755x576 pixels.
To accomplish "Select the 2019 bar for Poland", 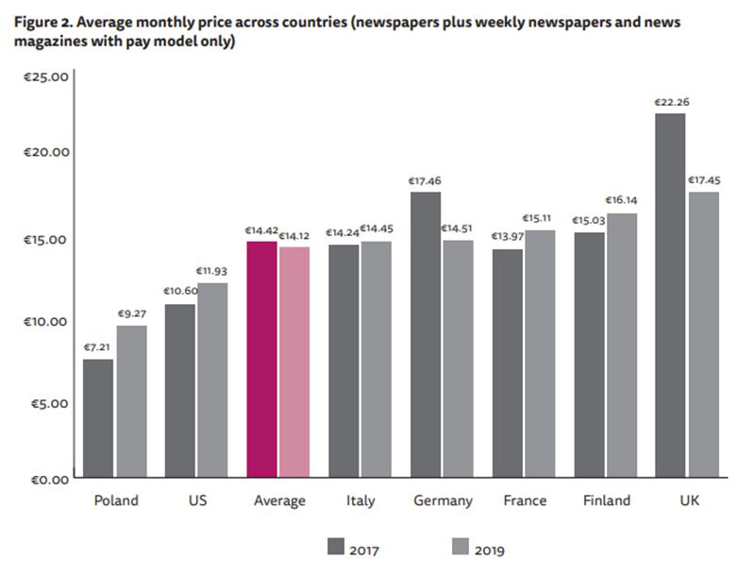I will click(x=132, y=401).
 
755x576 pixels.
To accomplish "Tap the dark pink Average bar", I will click(x=261, y=359).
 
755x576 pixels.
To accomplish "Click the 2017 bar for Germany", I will click(x=426, y=334).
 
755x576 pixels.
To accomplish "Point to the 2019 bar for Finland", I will click(x=621, y=345).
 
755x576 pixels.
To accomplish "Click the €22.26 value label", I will click(x=669, y=102).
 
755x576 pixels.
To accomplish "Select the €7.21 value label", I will click(x=97, y=347).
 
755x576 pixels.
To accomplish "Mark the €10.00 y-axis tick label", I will click(x=44, y=321).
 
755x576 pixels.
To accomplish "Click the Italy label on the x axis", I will click(x=361, y=500).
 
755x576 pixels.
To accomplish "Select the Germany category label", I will click(x=443, y=500).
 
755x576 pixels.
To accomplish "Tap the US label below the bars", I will click(x=197, y=500).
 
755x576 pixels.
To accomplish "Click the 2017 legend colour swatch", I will click(x=337, y=547).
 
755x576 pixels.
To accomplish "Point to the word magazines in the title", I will click(x=48, y=43).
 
